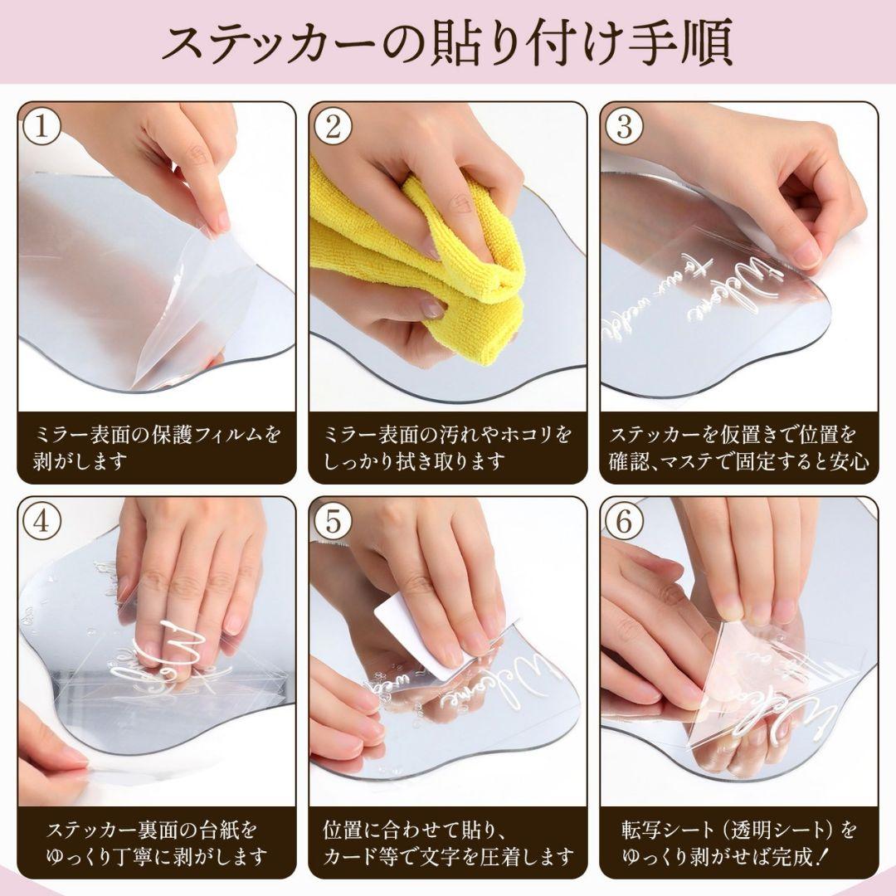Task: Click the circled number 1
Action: click(41, 126)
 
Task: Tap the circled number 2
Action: click(333, 126)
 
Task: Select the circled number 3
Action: click(624, 126)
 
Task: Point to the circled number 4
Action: click(41, 521)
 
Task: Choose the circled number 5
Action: click(333, 521)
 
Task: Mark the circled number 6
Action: click(624, 521)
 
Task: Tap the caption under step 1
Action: click(157, 447)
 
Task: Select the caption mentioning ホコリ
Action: click(448, 447)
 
